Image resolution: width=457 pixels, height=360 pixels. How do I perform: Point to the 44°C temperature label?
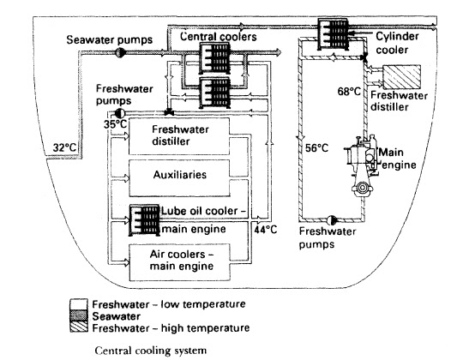(264, 229)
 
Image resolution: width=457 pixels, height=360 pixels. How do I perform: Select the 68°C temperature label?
(346, 88)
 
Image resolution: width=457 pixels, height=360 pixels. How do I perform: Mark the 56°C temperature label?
(318, 147)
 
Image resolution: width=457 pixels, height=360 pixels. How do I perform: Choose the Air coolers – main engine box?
(182, 257)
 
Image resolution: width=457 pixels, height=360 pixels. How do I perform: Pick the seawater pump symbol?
(121, 51)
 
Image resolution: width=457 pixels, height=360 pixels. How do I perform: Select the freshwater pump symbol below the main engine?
(329, 219)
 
